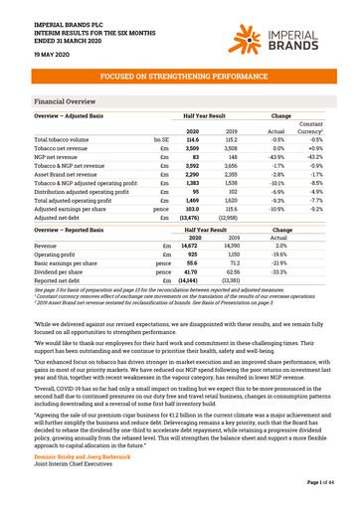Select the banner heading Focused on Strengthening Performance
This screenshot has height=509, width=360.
[x=179, y=76]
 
